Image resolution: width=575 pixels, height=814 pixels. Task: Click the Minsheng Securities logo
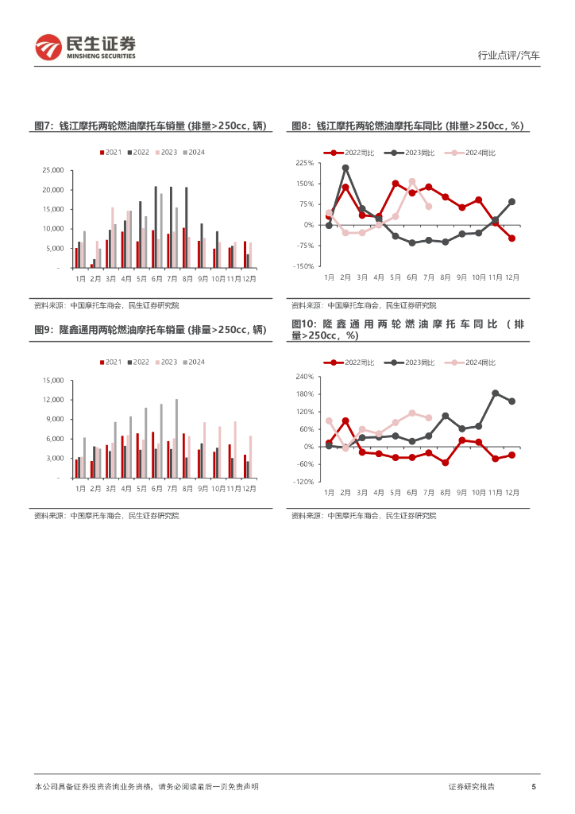(86, 48)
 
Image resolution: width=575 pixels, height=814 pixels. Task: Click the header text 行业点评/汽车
(508, 56)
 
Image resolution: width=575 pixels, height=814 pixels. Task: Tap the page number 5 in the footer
(534, 786)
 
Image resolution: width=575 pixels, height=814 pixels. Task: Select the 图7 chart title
(150, 126)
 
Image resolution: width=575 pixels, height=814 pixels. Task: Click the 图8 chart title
(407, 126)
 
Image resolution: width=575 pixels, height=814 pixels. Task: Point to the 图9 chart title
(150, 330)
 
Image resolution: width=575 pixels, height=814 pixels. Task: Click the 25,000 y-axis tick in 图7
(52, 170)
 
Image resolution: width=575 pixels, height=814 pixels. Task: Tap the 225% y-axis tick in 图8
(305, 163)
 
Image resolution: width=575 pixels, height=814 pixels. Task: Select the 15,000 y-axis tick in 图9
(52, 381)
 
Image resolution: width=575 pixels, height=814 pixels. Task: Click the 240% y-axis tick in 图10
(305, 376)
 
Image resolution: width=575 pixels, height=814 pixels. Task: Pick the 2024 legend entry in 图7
(194, 152)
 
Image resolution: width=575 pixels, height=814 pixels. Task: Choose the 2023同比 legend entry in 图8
(415, 152)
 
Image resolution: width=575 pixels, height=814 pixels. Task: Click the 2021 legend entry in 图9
(111, 362)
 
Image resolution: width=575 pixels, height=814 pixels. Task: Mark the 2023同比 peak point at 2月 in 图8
(345, 168)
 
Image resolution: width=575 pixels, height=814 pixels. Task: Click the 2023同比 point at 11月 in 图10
(495, 393)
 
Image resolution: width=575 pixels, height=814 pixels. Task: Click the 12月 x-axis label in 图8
(512, 277)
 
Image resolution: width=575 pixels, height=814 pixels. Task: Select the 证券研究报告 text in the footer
(472, 786)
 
